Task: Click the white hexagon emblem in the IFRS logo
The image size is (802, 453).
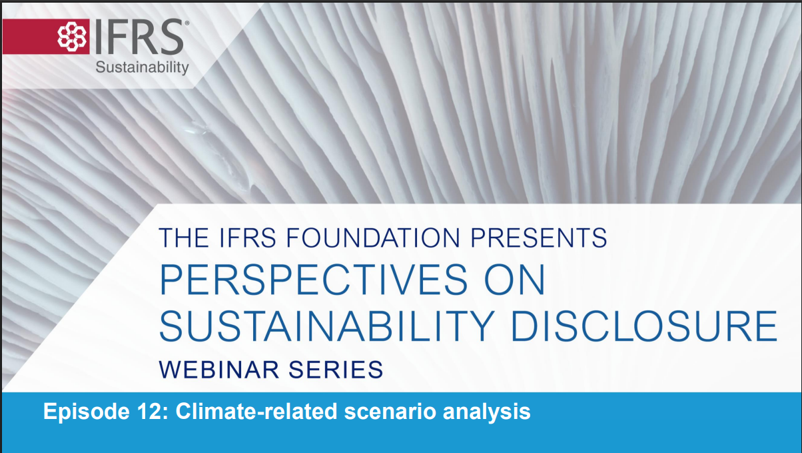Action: click(x=72, y=37)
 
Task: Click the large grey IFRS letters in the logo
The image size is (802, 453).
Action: click(x=139, y=37)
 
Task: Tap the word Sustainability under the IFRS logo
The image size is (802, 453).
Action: click(x=142, y=68)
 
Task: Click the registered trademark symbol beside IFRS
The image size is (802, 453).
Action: click(x=187, y=23)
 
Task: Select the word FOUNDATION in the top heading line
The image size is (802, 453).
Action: click(x=373, y=238)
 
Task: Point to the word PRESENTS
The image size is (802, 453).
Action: click(x=539, y=238)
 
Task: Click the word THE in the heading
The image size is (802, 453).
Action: click(x=184, y=238)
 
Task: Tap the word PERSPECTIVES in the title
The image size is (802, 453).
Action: click(x=313, y=280)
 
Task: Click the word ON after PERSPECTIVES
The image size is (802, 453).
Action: click(x=514, y=280)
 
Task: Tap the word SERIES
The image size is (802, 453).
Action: click(x=336, y=370)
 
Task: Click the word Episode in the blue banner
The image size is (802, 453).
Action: click(x=87, y=412)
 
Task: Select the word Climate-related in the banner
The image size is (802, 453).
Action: click(x=256, y=411)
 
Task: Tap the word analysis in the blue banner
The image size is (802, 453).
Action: click(x=486, y=412)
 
